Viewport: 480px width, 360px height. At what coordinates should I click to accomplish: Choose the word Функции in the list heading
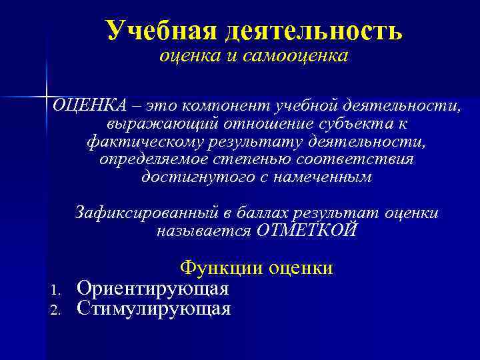223,268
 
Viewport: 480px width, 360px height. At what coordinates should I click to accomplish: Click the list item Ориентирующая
153,289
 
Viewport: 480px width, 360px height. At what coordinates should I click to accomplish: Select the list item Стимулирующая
154,309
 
